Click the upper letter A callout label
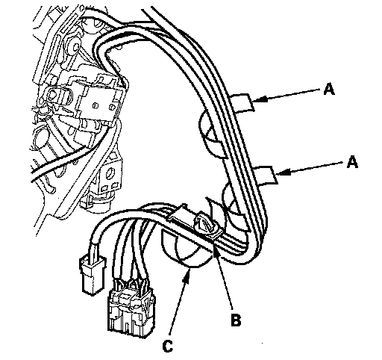click(x=329, y=89)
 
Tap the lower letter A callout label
click(x=352, y=162)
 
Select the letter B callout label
click(x=236, y=320)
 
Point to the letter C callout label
click(x=168, y=346)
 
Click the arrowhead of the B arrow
click(x=216, y=252)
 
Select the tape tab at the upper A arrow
click(x=242, y=102)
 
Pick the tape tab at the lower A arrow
click(x=265, y=176)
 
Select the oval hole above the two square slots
click(x=110, y=173)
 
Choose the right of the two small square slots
click(x=115, y=185)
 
